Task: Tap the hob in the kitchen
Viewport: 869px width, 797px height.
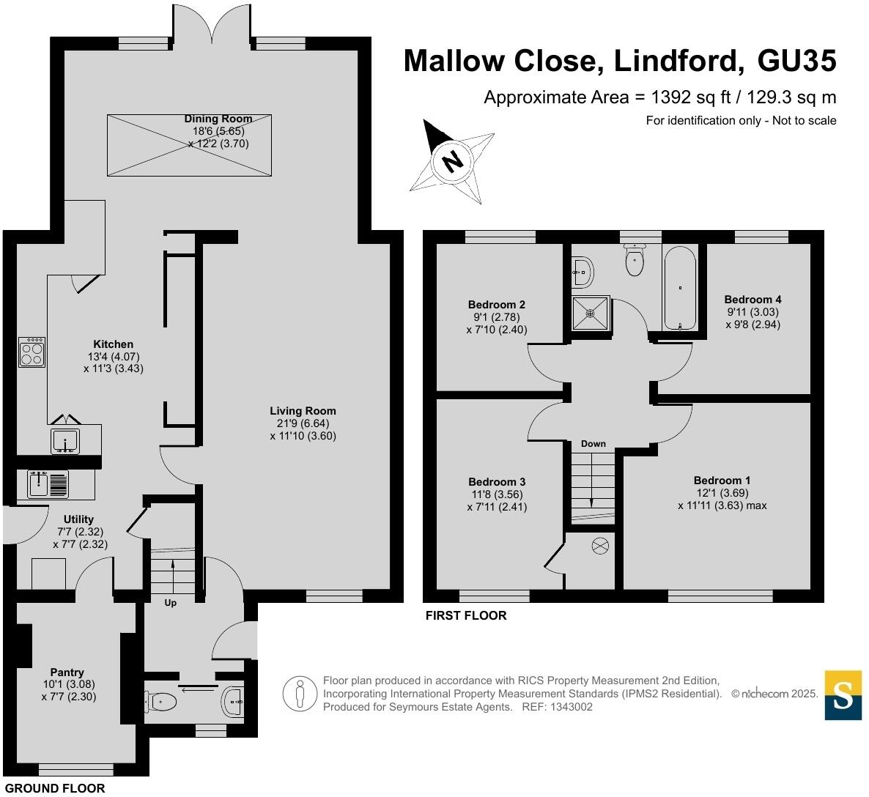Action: (32, 352)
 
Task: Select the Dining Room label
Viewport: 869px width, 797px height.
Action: (218, 119)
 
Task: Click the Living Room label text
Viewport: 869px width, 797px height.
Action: (303, 411)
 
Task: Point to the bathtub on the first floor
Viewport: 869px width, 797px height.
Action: (681, 289)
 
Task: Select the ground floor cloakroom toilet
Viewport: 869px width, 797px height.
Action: (163, 702)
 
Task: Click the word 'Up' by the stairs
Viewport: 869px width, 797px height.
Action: (170, 603)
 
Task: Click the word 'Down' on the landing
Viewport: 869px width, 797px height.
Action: (593, 444)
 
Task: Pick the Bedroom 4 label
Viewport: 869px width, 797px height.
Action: (752, 299)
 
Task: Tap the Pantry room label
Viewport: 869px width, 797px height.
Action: (67, 672)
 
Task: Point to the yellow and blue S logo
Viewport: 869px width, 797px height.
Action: (843, 694)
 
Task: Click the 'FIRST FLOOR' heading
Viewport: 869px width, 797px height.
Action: (466, 615)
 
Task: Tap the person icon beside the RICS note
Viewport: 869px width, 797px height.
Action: (299, 693)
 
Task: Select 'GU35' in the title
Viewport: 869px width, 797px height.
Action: (796, 61)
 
